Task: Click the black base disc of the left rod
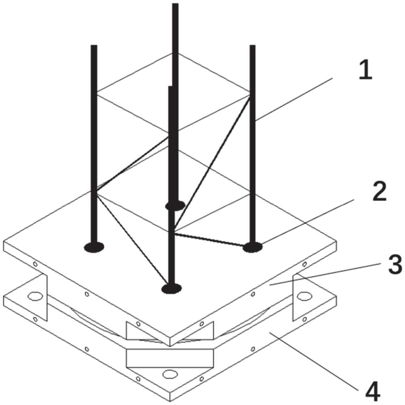click(x=94, y=247)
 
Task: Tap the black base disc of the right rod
click(x=252, y=247)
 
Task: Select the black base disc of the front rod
click(x=171, y=289)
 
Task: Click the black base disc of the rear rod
click(x=175, y=206)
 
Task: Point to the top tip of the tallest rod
click(x=175, y=4)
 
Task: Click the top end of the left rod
click(x=94, y=45)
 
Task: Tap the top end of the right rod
click(x=252, y=45)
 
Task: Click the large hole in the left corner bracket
click(x=35, y=296)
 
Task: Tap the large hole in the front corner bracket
click(x=170, y=374)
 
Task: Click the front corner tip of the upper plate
click(x=170, y=346)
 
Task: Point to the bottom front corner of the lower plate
click(x=170, y=402)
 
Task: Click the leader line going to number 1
click(x=293, y=99)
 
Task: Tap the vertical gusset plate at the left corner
click(x=43, y=297)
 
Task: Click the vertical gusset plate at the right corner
click(x=297, y=297)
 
